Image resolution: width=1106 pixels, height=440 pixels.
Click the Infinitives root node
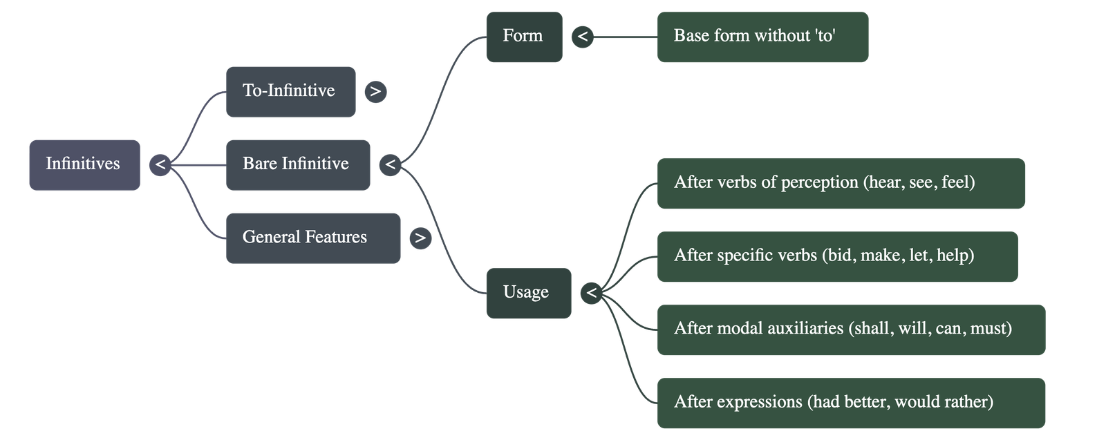tap(84, 165)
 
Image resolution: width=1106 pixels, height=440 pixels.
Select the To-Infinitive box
tap(290, 92)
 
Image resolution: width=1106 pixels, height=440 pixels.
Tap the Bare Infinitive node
tap(298, 165)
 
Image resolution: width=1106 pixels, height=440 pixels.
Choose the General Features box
tap(312, 238)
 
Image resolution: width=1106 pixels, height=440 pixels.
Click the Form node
tap(524, 37)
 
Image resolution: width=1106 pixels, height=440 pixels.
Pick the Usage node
tap(529, 293)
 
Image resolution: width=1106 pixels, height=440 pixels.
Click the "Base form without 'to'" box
tap(762, 37)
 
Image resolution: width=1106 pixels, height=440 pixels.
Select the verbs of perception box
tap(841, 183)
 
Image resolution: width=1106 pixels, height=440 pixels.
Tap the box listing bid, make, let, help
tap(837, 256)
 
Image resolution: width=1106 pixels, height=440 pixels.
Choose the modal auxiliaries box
tap(851, 329)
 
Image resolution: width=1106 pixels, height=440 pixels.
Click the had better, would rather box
tap(851, 403)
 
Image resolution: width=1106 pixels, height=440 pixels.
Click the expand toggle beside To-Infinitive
tap(375, 92)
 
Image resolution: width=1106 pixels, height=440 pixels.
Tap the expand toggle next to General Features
tap(420, 238)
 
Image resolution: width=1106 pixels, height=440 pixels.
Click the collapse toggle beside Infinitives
tap(160, 165)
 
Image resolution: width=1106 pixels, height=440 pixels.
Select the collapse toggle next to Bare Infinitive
tap(391, 165)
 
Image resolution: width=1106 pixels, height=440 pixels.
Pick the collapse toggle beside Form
tap(583, 37)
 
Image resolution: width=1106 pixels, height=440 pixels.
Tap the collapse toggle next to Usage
tap(591, 293)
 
